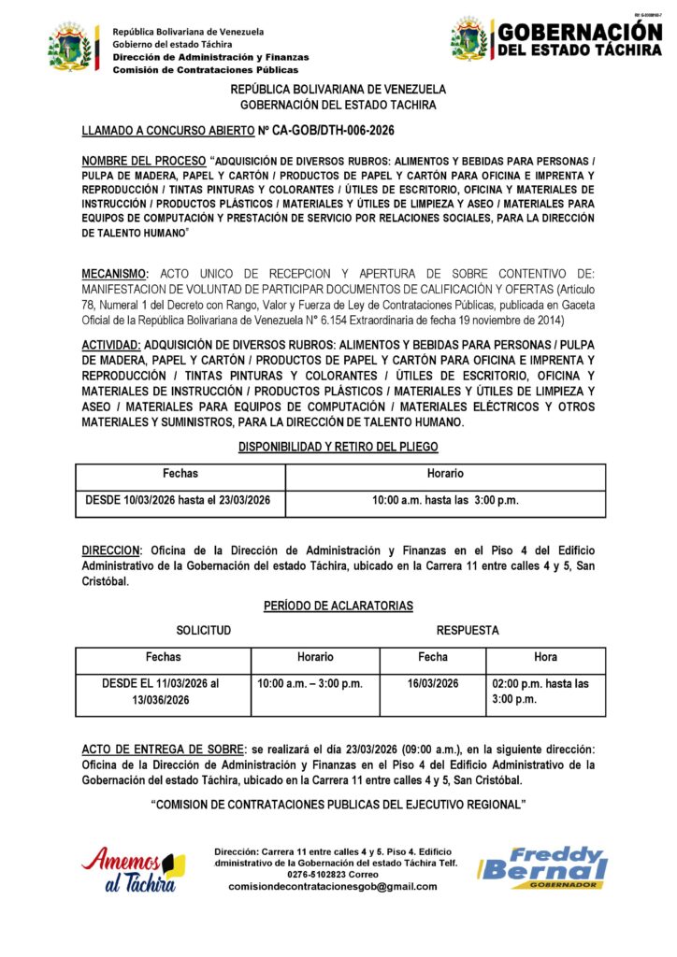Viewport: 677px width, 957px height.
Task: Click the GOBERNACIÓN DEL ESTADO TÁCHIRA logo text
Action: tap(579, 39)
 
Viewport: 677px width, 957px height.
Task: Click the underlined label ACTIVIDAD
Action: tap(111, 345)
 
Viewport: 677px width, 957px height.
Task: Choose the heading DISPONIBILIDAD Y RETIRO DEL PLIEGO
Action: tap(338, 448)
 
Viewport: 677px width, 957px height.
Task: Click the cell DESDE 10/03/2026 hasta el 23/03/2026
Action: tap(178, 500)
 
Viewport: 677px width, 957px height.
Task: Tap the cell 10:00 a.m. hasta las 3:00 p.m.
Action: tap(445, 500)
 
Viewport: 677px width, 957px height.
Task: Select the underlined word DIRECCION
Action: tap(110, 550)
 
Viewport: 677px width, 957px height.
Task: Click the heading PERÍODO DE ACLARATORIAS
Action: tap(338, 607)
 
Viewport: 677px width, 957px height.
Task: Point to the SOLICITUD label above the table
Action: tap(204, 631)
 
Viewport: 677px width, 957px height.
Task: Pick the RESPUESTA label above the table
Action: tap(468, 631)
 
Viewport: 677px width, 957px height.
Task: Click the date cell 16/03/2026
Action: tap(433, 684)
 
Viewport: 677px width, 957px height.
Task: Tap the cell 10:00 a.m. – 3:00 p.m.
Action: tap(310, 684)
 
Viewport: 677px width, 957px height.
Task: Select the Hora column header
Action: tap(544, 657)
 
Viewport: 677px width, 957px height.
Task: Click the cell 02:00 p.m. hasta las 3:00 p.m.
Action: tap(540, 692)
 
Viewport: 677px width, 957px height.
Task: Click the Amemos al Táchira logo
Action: tap(132, 869)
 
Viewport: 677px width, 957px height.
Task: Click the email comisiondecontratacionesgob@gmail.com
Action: tap(332, 886)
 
